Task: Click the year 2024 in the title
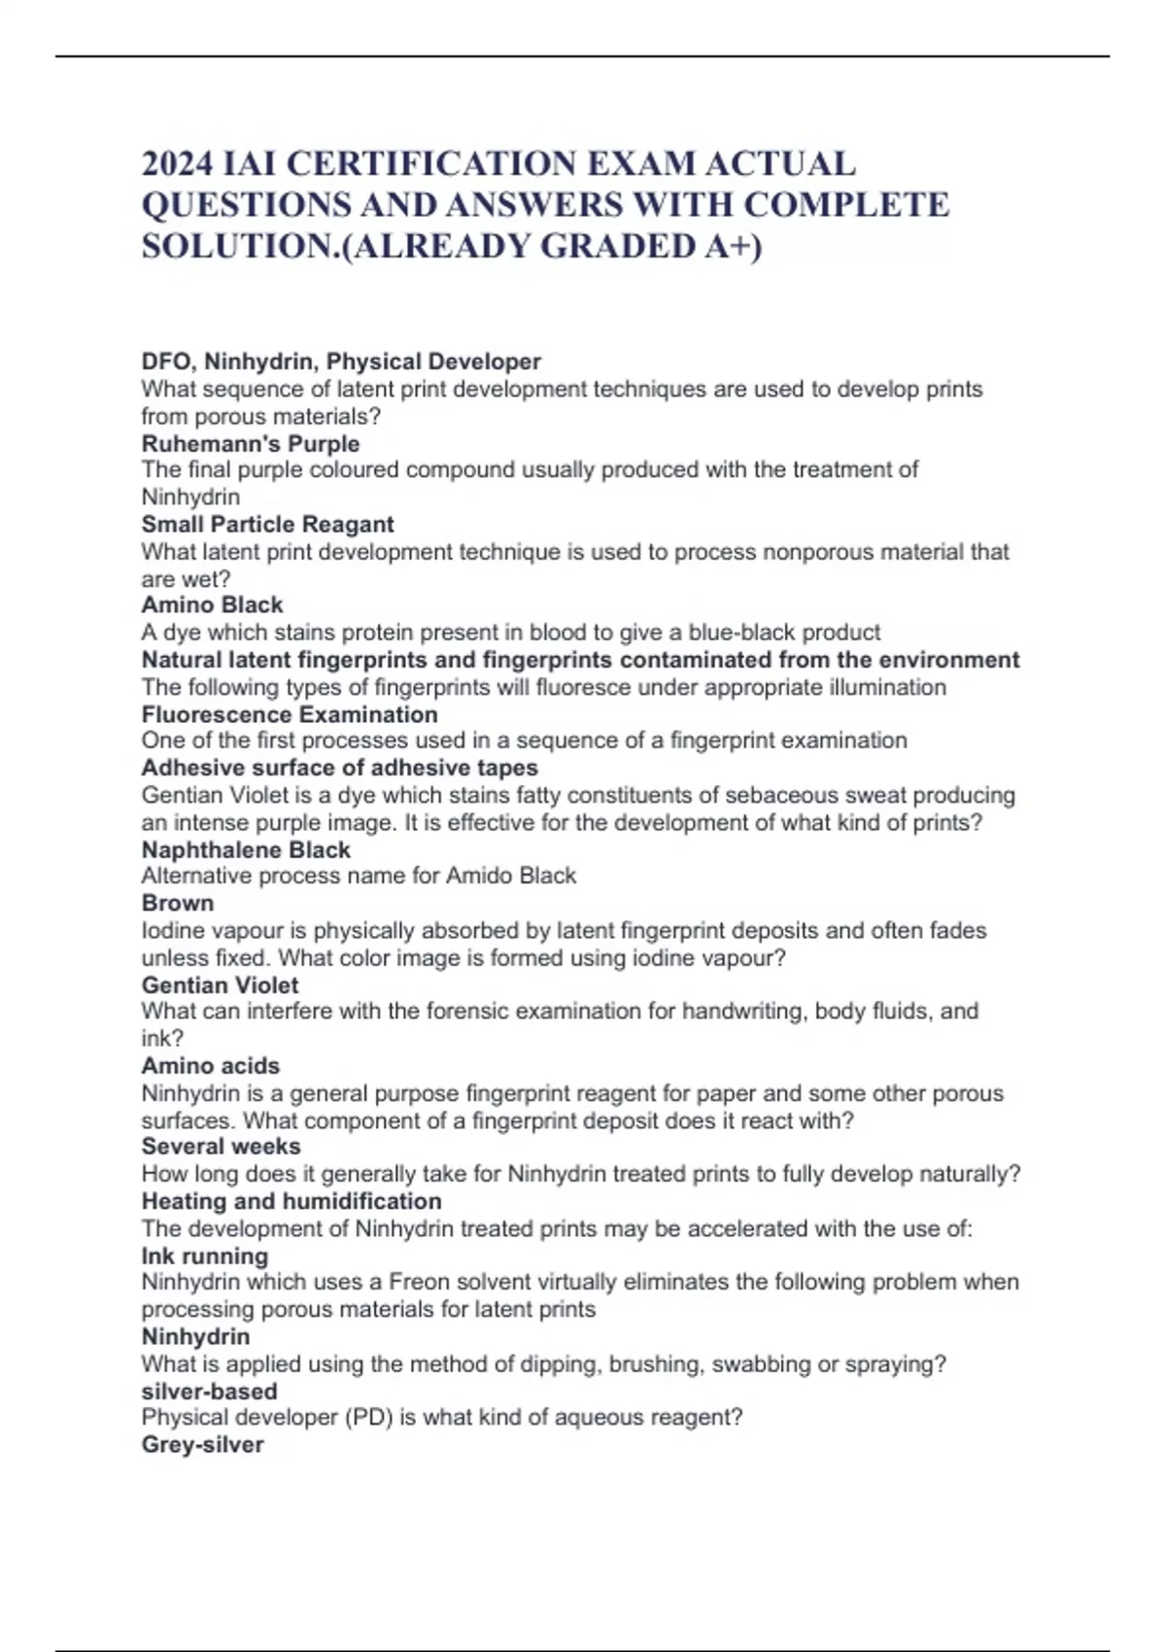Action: [178, 163]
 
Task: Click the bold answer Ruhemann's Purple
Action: [251, 444]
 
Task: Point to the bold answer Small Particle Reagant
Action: [267, 525]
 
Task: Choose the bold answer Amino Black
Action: [212, 605]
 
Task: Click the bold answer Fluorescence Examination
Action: [290, 715]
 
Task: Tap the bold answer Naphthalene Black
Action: [246, 850]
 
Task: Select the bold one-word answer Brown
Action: [178, 904]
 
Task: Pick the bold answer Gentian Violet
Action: [221, 985]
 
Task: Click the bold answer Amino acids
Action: [211, 1066]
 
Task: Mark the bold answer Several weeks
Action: [221, 1147]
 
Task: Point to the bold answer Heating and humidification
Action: [291, 1201]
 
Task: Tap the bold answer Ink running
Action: [205, 1256]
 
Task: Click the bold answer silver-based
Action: [210, 1392]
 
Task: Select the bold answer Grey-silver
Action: [203, 1445]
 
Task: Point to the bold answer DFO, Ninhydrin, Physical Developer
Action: [341, 362]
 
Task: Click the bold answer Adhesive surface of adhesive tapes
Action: [340, 768]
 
